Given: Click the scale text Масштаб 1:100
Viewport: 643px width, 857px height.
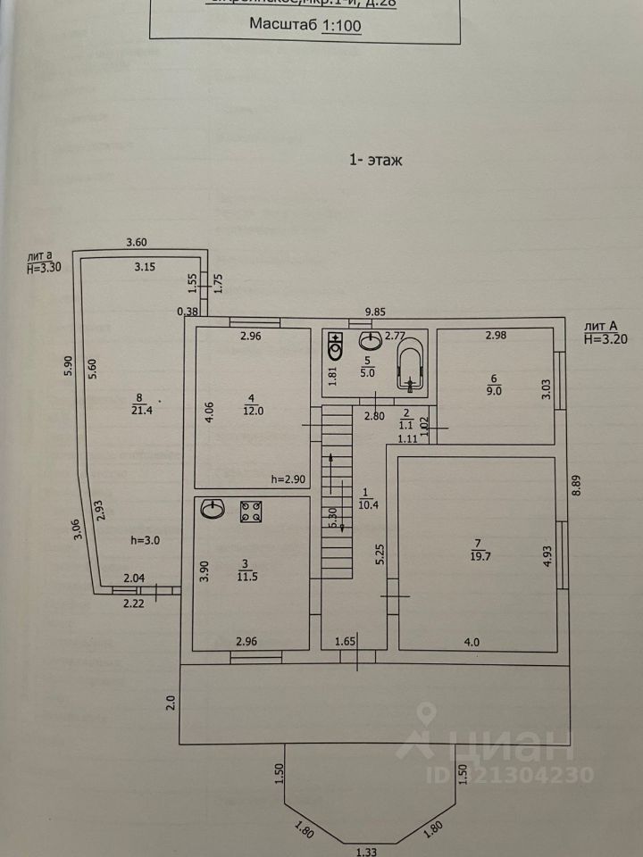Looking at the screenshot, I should [305, 26].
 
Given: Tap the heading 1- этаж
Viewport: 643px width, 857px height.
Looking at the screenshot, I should [375, 161].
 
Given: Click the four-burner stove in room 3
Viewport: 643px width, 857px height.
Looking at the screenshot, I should [250, 512].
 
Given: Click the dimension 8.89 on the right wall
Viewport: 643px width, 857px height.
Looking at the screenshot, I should [578, 487].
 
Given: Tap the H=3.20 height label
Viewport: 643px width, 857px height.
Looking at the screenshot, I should [607, 339].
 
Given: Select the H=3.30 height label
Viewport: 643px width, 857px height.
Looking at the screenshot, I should [43, 267].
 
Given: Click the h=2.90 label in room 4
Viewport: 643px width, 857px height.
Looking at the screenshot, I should [289, 479].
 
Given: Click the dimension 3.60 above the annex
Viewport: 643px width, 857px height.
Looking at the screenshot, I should [136, 242].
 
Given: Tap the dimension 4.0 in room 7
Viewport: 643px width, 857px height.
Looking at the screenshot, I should [472, 641].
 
